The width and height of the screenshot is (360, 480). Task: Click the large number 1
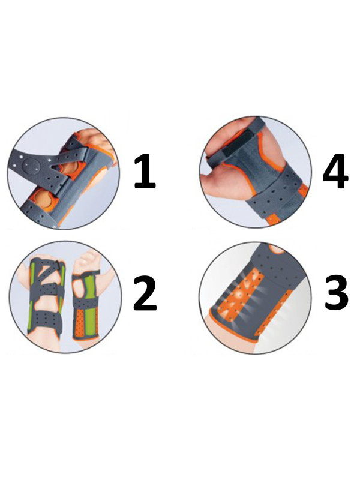coord(145,171)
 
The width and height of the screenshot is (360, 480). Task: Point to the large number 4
coord(335,171)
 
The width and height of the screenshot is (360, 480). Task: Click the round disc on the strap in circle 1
coord(32,167)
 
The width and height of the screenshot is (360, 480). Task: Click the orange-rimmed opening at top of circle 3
coord(278,249)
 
